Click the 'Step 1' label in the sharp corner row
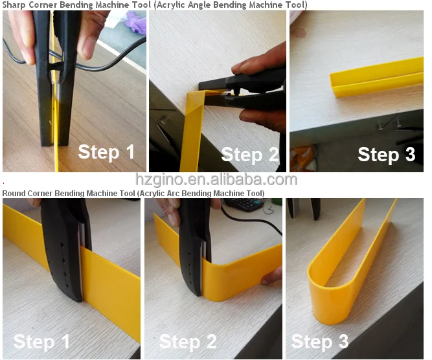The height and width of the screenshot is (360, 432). [106, 152]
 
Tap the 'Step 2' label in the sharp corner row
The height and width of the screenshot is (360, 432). [250, 154]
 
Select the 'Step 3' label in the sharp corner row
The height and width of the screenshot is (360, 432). [387, 154]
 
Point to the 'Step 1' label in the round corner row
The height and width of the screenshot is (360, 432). [41, 341]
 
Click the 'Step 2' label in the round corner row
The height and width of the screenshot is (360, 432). [188, 341]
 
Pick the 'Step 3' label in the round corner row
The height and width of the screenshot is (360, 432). [320, 341]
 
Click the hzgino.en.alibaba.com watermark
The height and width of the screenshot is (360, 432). [216, 179]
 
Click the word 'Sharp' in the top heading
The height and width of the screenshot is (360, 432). [14, 5]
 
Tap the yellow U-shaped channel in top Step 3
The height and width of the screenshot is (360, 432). [376, 77]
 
